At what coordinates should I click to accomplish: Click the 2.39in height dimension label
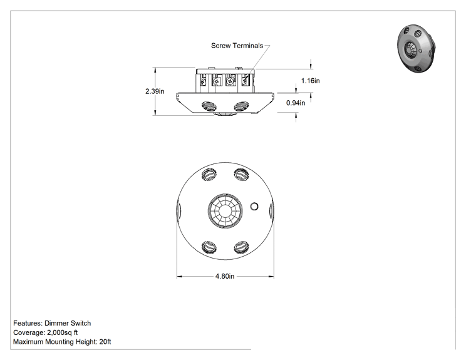155,91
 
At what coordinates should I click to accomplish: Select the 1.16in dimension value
311,81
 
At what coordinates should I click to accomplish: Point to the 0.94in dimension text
296,103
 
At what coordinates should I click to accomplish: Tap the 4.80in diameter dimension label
225,276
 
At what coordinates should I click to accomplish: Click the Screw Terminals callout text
237,46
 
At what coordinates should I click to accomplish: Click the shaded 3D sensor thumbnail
417,49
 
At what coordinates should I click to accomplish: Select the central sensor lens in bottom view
225,210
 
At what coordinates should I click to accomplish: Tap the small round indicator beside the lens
254,206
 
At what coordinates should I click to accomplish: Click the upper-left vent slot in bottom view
209,174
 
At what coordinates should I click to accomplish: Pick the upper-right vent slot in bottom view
241,174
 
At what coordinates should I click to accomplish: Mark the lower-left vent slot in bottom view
209,247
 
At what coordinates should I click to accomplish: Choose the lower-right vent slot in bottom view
241,247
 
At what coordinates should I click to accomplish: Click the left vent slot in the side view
209,106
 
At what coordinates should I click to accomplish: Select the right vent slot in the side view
241,106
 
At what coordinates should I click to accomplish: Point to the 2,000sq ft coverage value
63,332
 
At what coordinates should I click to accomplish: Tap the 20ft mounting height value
105,342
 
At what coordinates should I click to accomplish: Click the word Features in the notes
28,323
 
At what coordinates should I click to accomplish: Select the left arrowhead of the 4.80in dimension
180,277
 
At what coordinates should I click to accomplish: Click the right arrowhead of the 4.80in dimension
271,277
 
